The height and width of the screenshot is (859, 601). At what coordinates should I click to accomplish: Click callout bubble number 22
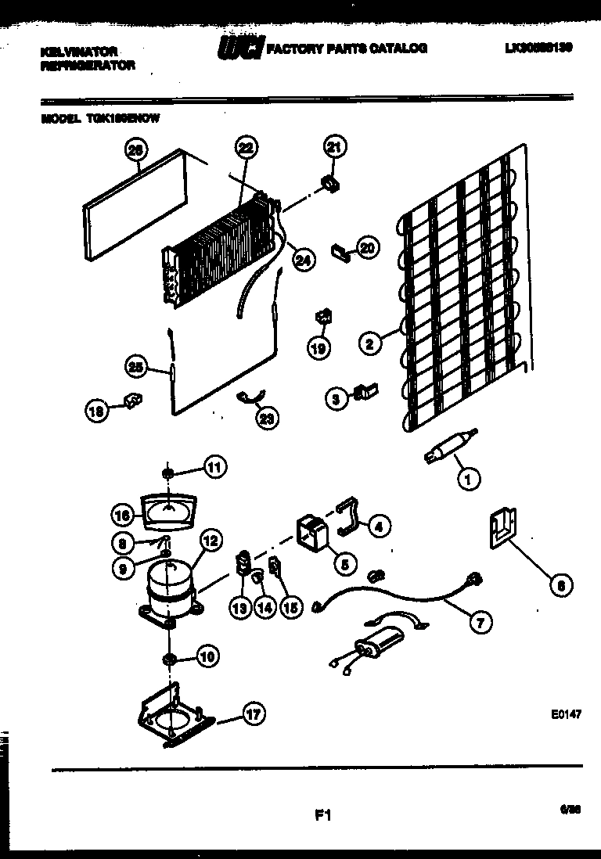[x=246, y=147]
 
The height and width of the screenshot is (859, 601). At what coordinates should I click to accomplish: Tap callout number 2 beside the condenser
[x=370, y=342]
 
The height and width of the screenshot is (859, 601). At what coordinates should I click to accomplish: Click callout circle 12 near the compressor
[x=210, y=539]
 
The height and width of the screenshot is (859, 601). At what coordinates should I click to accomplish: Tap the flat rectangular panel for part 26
[x=133, y=206]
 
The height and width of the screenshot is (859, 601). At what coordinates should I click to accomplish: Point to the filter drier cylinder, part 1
[x=441, y=453]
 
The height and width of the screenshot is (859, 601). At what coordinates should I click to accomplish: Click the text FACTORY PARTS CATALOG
[x=347, y=49]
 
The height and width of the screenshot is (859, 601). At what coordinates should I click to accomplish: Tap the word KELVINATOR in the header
[x=78, y=52]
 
